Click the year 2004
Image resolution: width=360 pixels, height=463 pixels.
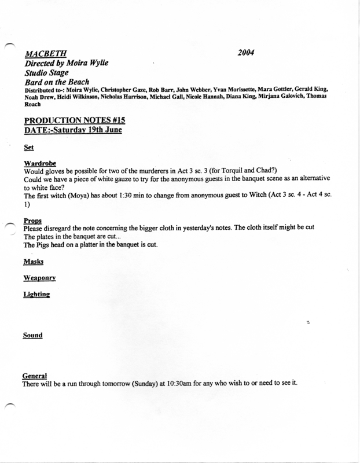point(247,53)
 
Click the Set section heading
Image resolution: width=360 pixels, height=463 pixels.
point(27,147)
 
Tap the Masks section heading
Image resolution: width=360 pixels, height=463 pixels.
point(32,262)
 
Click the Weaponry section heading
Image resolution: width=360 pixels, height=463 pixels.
point(39,278)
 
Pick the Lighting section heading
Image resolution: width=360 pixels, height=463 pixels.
point(36,295)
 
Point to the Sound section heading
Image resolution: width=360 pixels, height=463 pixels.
point(32,335)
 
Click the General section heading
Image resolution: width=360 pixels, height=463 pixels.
point(34,376)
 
